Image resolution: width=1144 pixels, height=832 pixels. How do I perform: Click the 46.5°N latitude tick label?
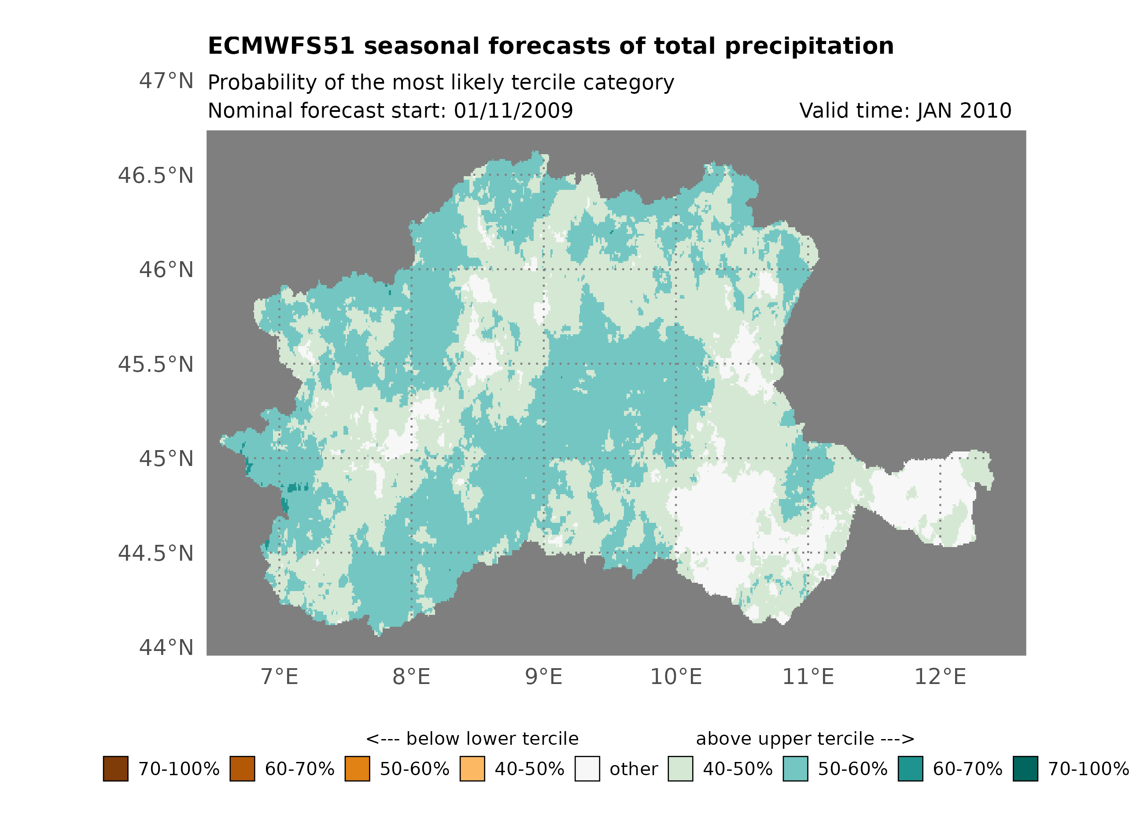click(155, 176)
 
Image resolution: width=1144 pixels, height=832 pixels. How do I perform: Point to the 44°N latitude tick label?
click(166, 647)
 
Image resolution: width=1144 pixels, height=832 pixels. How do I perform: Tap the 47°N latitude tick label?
click(166, 81)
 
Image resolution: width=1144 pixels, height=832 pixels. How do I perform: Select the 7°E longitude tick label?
click(280, 677)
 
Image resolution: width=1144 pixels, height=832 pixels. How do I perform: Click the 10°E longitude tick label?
click(675, 677)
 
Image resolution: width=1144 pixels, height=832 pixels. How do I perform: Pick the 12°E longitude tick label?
click(940, 677)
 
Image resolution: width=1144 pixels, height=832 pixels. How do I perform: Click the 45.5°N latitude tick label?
click(155, 364)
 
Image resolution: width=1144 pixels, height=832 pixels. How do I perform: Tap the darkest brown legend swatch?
click(115, 769)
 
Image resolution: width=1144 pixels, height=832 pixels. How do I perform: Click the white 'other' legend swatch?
click(587, 769)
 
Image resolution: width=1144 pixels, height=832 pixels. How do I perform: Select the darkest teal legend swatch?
click(1026, 769)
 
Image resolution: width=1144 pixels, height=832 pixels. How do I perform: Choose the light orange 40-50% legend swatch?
click(472, 769)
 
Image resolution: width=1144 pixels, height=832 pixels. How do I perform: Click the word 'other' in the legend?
click(634, 769)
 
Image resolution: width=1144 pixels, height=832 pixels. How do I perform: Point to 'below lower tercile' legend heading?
click(472, 739)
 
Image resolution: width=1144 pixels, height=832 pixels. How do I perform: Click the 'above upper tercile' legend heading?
click(804, 739)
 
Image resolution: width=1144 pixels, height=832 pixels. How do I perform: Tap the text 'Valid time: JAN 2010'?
click(905, 111)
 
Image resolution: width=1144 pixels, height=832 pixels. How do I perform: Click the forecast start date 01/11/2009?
click(513, 111)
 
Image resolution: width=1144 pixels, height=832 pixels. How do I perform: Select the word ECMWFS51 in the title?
click(281, 46)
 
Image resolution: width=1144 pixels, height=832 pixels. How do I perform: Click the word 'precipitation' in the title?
click(809, 46)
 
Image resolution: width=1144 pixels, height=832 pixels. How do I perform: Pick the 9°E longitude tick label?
click(543, 677)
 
